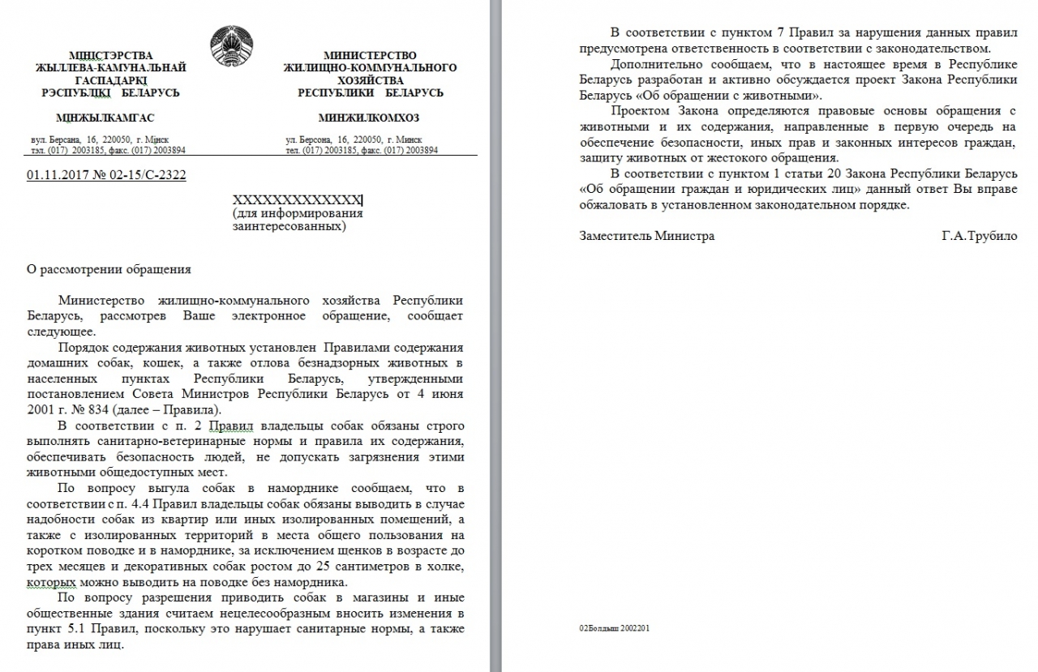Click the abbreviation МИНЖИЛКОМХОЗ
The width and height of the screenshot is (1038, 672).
[369, 118]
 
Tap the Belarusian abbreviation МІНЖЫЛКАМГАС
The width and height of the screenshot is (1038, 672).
[105, 118]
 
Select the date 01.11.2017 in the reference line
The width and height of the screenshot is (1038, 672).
[54, 174]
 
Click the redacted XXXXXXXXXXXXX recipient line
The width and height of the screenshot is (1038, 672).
[298, 200]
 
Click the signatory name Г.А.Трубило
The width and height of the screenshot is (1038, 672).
[979, 236]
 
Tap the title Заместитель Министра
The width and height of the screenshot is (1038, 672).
[647, 236]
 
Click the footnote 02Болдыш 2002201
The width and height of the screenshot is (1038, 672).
[615, 627]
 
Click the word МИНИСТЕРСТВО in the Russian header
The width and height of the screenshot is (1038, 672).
[370, 55]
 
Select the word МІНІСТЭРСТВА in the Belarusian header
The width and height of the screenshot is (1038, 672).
[110, 55]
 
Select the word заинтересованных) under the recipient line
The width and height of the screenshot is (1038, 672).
[289, 227]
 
